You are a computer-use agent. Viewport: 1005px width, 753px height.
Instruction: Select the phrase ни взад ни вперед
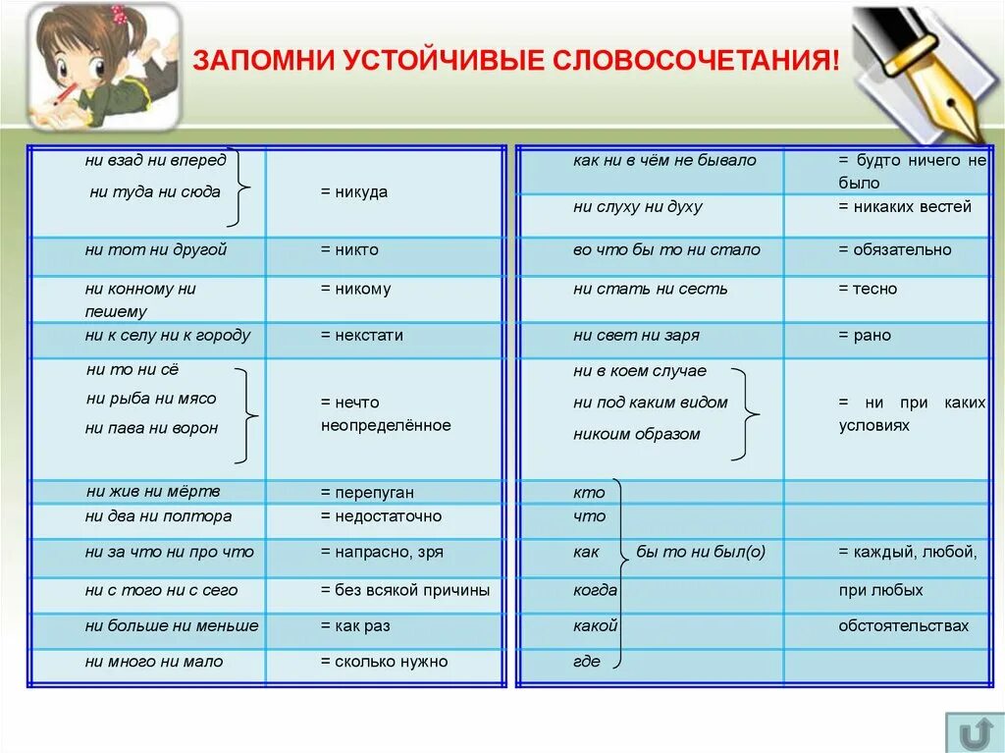click(155, 160)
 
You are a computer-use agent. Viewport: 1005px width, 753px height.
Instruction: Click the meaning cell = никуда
click(353, 192)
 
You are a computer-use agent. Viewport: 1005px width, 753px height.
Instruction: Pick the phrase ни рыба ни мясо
click(151, 399)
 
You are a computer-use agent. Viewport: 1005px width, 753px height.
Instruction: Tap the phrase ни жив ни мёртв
click(153, 492)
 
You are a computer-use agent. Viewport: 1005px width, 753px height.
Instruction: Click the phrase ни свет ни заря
click(636, 336)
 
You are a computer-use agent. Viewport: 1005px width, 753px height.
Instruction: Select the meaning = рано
click(865, 336)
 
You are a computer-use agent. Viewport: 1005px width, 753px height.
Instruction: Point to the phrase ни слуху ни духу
click(638, 207)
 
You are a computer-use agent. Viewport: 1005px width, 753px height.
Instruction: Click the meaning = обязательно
click(894, 249)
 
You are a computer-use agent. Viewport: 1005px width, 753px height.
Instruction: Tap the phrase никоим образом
click(636, 434)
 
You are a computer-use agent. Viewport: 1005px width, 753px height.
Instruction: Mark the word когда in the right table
click(595, 590)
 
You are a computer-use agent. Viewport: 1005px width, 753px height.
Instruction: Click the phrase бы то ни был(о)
click(700, 552)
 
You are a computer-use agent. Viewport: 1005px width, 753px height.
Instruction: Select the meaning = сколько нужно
click(384, 662)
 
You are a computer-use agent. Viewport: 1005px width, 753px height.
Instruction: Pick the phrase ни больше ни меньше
click(172, 625)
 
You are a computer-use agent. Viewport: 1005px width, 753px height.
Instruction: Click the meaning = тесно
click(867, 289)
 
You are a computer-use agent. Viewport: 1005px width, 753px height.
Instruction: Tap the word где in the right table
click(586, 662)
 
